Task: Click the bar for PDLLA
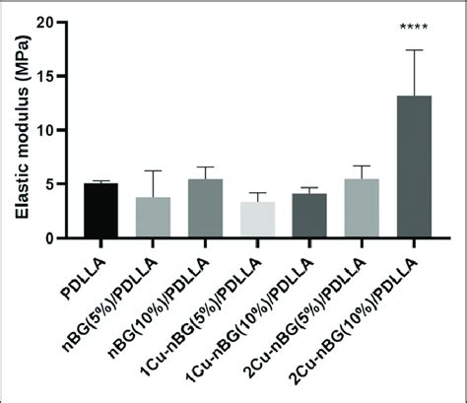pos(100,210)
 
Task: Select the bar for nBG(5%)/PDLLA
pos(153,217)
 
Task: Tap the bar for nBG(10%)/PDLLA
pos(205,208)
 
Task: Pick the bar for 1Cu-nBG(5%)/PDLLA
pos(257,219)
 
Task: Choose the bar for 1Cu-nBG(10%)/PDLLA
pos(309,215)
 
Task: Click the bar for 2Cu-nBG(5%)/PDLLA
pos(362,208)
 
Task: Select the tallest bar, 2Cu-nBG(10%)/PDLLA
pos(414,167)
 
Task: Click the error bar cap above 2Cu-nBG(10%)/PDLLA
pos(414,50)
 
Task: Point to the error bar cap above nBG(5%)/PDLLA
pos(153,170)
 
